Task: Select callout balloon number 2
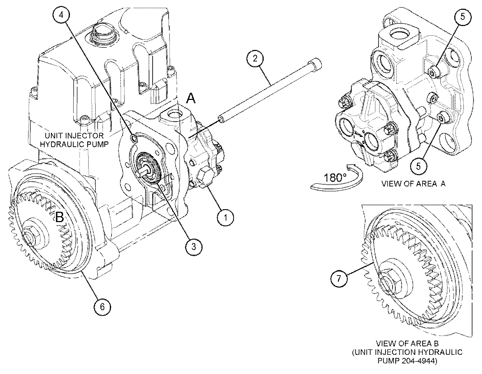click(x=255, y=58)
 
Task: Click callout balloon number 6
click(x=102, y=306)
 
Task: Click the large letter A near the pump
click(x=191, y=99)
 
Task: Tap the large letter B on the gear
click(x=60, y=217)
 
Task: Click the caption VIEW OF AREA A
click(x=413, y=184)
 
